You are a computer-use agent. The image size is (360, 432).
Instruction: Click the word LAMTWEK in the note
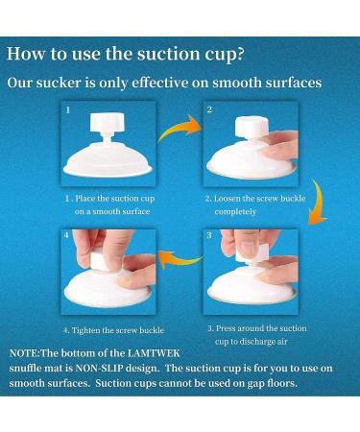pos(154,353)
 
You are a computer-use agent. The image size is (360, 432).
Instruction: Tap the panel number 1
pos(68,110)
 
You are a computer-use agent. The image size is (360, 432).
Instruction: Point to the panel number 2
pos(209,109)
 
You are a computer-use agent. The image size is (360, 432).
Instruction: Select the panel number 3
pos(209,235)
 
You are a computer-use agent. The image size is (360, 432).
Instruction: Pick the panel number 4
pos(66,235)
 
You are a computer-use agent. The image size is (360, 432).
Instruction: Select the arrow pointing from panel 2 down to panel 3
pos(318,203)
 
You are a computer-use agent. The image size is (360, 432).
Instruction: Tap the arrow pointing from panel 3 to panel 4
pos(180,259)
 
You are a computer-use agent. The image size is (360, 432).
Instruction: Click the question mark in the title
pos(240,55)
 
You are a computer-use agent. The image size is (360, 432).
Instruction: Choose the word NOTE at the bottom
pos(24,353)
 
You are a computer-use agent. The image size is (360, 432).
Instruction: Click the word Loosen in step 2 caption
pos(227,199)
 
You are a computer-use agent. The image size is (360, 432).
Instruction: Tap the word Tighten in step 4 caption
pos(85,330)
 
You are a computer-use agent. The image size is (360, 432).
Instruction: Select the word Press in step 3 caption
pos(226,328)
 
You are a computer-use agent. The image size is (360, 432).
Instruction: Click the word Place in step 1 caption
pos(85,199)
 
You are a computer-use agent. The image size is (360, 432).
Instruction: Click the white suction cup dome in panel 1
pos(108,160)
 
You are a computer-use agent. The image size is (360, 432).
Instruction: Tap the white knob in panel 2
pos(252,126)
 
